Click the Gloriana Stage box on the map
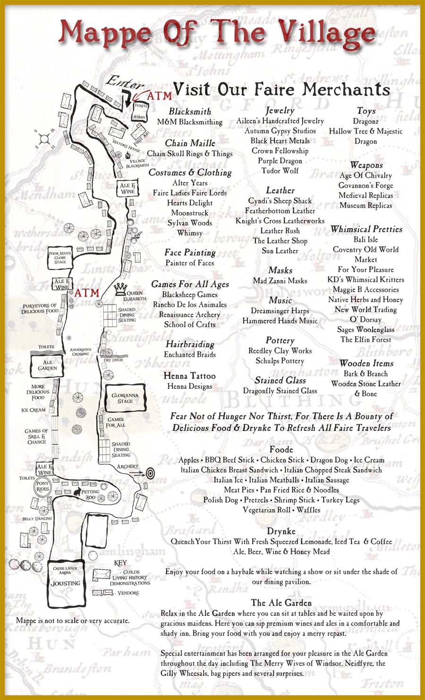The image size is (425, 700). pos(125,398)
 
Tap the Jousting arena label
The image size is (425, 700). pos(65,583)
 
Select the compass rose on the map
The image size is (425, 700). pos(45,138)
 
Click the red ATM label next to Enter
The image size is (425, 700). pos(159,96)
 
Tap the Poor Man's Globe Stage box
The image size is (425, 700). pos(60,257)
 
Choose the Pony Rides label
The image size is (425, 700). pos(42,486)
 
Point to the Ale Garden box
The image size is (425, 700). pos(48,365)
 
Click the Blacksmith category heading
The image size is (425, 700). pos(190,111)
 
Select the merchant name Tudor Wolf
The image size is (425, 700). pos(280,171)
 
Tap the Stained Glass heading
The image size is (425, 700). pos(280,380)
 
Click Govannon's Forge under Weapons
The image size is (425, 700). pos(365,185)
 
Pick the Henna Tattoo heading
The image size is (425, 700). pos(189,376)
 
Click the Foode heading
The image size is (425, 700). pos(281,449)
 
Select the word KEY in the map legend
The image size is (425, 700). pos(120,563)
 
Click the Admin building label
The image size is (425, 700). pos(139,117)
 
